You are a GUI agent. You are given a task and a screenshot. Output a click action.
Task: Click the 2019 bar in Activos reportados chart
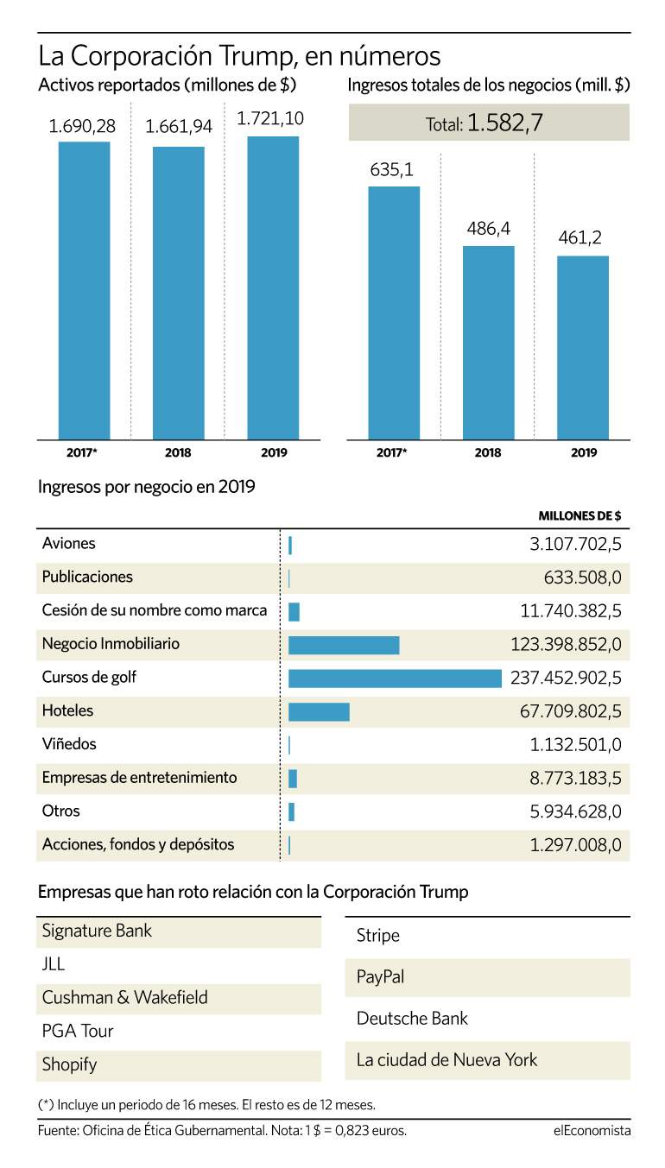click(273, 287)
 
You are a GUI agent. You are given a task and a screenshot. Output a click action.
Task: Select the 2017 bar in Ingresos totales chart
click(394, 313)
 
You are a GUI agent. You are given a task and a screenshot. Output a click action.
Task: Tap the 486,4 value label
click(488, 229)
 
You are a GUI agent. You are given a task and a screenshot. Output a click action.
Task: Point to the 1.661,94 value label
click(179, 126)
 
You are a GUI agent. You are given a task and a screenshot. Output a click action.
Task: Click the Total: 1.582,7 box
click(489, 123)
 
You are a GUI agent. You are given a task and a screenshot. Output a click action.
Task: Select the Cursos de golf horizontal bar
click(395, 679)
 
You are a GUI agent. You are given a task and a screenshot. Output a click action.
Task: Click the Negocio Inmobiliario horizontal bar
click(344, 645)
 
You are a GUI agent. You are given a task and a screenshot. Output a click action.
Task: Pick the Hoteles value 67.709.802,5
click(571, 711)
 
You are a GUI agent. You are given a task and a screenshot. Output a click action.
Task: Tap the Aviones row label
click(69, 543)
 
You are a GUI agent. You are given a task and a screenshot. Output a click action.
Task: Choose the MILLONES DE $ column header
click(579, 515)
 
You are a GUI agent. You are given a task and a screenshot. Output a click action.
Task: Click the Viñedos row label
click(69, 743)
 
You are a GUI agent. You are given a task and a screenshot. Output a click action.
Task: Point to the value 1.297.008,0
click(575, 845)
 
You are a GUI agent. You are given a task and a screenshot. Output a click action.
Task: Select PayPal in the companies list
click(380, 976)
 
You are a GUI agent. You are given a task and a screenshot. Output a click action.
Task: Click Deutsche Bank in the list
click(412, 1018)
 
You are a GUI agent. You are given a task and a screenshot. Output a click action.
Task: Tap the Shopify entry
click(69, 1064)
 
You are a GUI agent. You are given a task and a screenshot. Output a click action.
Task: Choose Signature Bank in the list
click(97, 931)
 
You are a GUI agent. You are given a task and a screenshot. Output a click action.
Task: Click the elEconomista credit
click(592, 1131)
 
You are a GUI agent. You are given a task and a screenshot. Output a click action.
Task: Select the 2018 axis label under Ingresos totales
click(488, 452)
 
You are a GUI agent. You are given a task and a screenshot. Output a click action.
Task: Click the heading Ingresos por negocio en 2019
click(147, 487)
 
